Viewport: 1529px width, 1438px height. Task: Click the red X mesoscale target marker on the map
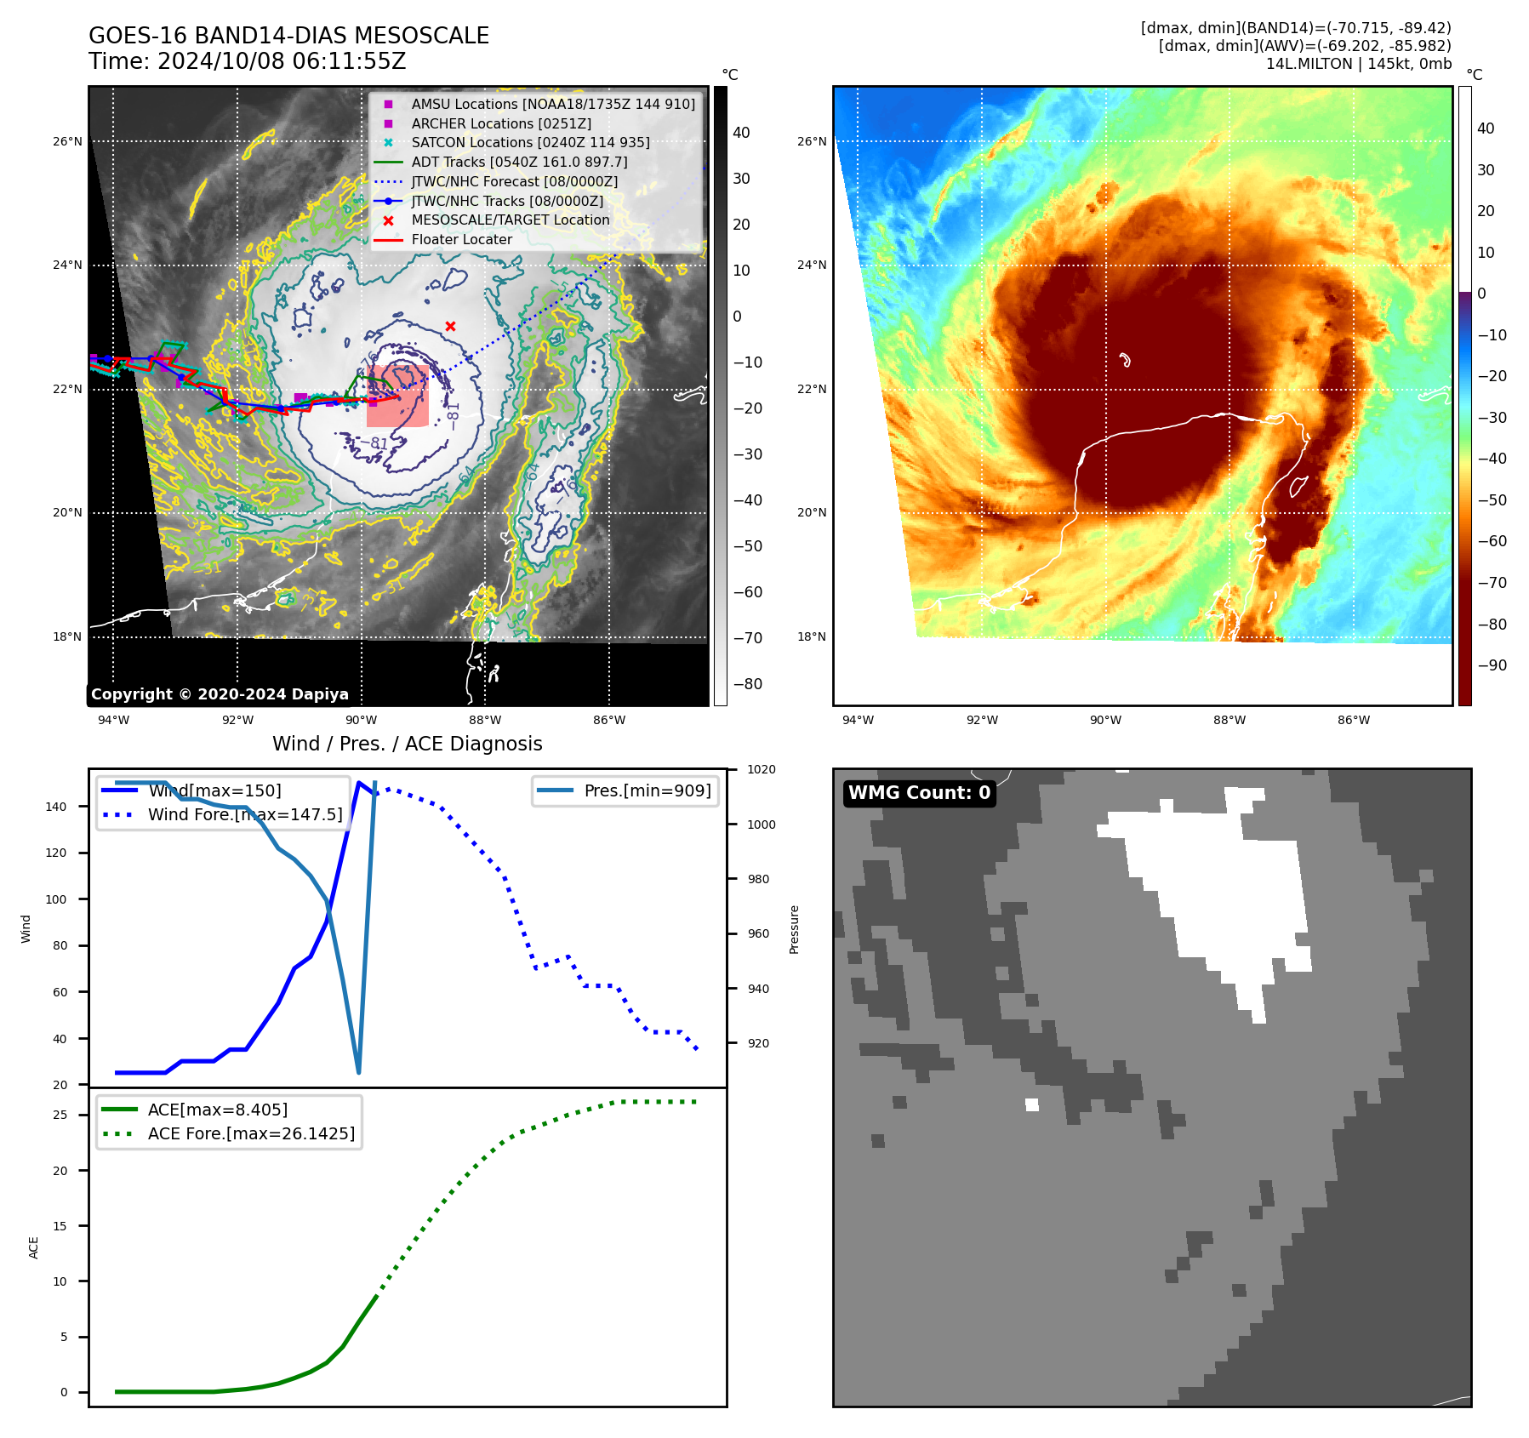point(450,326)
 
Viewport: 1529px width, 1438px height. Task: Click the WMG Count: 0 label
point(919,793)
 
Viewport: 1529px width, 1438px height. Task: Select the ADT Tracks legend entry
point(519,162)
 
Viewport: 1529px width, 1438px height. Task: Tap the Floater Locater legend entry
point(461,239)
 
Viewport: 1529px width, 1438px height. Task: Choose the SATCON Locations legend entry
point(530,142)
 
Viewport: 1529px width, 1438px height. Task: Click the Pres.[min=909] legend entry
point(647,790)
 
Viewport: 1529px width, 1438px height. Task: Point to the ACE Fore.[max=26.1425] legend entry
point(251,1133)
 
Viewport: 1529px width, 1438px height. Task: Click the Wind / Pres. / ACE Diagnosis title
point(407,744)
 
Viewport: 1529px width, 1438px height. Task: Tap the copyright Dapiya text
point(220,694)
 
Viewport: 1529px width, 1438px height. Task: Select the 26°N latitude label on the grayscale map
point(67,141)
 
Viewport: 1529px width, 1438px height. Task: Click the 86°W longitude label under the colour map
point(1353,720)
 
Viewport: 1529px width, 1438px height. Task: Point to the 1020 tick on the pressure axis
point(761,769)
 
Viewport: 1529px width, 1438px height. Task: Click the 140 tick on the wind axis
point(55,807)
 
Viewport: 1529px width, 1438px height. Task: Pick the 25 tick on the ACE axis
point(60,1115)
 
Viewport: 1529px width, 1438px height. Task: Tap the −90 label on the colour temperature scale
point(1492,665)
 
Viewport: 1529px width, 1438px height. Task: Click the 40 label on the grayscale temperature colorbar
point(741,133)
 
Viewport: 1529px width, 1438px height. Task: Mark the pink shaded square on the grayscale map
point(397,397)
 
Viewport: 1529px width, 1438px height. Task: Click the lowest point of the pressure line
point(358,1072)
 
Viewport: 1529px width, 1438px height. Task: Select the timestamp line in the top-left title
point(247,61)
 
